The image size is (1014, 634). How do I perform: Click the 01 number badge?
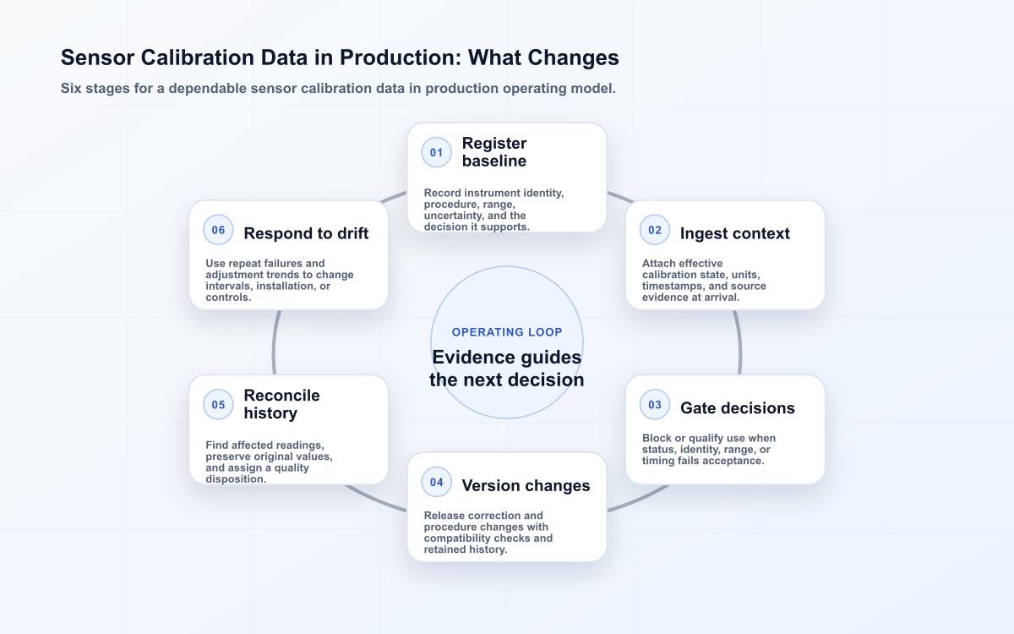(x=436, y=152)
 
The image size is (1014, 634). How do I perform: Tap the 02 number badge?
(x=655, y=230)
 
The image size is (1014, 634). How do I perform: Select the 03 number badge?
(x=655, y=404)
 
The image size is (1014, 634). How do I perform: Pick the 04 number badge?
(x=436, y=482)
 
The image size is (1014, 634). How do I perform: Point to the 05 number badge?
(x=218, y=404)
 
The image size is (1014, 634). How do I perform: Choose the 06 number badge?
(x=218, y=230)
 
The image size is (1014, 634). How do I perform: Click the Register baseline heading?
(x=493, y=152)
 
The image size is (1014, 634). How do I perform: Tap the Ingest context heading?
(x=734, y=233)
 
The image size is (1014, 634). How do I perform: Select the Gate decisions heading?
(x=738, y=408)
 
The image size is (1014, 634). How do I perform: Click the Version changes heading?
(x=526, y=485)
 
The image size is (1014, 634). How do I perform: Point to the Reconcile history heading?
(x=281, y=404)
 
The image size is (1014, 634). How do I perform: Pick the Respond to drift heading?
(x=306, y=233)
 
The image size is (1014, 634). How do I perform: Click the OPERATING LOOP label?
(x=507, y=332)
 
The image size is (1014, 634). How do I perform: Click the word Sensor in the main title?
(x=97, y=57)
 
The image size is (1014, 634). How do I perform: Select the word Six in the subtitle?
(x=71, y=88)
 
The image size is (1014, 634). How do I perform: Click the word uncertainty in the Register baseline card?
(x=452, y=216)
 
